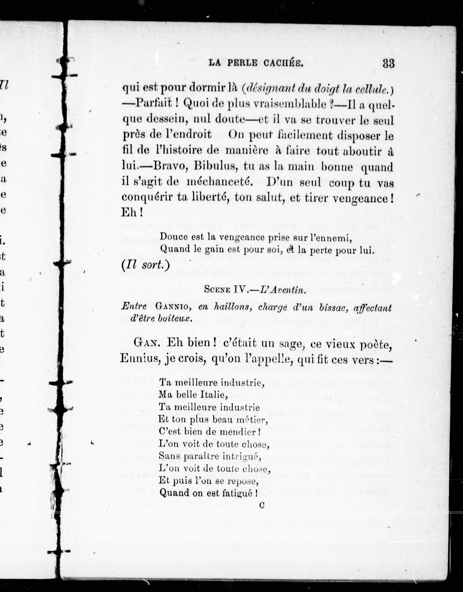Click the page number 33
coord(388,64)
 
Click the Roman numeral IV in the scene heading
coord(240,290)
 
